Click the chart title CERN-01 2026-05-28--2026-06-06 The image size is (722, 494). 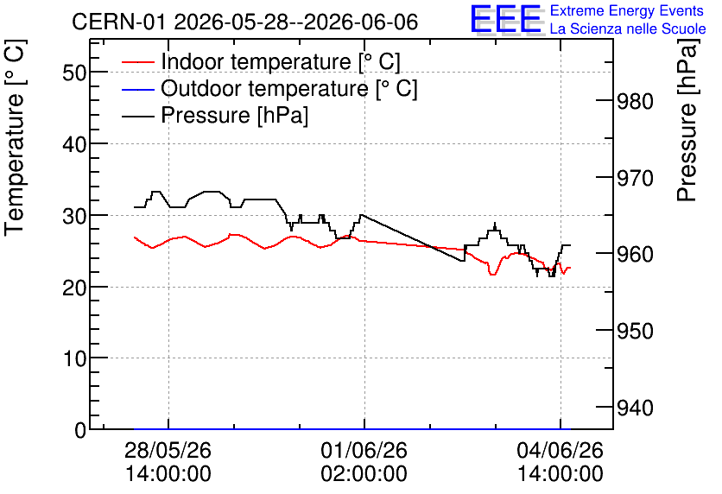[245, 22]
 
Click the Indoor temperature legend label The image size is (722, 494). [281, 61]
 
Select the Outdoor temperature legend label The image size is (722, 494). [289, 88]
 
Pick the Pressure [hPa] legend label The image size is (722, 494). [234, 115]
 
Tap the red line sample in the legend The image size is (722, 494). [137, 62]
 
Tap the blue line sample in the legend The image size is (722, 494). [137, 89]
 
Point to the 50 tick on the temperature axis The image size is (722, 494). [74, 73]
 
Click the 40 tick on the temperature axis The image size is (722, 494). [74, 144]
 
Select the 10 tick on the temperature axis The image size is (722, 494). [74, 358]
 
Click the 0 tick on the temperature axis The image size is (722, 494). [81, 430]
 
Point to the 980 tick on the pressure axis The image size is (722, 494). [635, 101]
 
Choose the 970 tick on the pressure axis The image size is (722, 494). [635, 178]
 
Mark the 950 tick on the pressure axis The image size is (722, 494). [635, 331]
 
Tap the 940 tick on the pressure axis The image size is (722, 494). [635, 408]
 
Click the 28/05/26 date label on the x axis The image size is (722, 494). [168, 450]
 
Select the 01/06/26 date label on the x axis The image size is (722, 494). [364, 450]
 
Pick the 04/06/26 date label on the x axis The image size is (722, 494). [560, 450]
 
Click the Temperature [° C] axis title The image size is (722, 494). [15, 138]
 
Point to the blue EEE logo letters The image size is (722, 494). [505, 19]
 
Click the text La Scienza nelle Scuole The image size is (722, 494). [628, 28]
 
